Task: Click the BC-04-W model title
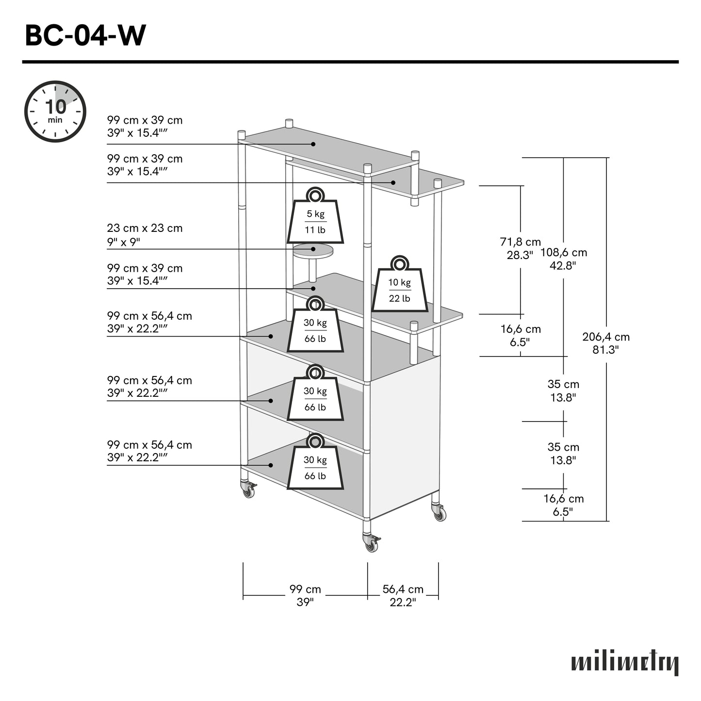point(85,36)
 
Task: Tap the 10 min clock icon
point(55,112)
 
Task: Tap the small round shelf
point(313,251)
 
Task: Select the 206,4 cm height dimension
point(606,342)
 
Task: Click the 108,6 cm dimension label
point(563,259)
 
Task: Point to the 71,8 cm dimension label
point(520,248)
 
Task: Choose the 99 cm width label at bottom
point(305,595)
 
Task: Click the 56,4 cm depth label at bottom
point(403,595)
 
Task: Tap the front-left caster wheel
point(248,491)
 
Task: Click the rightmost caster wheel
point(440,513)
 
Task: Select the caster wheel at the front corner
point(371,544)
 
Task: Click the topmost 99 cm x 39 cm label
point(145,126)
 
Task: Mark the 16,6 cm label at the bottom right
point(563,505)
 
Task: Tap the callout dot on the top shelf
point(313,144)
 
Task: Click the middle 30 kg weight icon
point(315,395)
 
